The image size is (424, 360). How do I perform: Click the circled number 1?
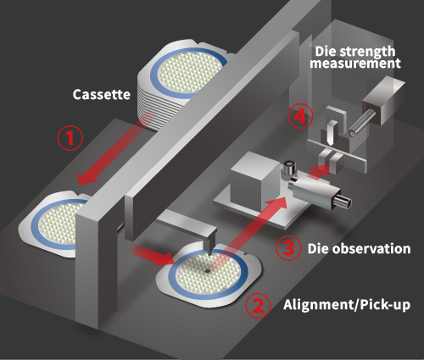pyautogui.click(x=70, y=138)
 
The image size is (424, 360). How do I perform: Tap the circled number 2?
pyautogui.click(x=258, y=305)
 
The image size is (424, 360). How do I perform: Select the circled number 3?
pyautogui.click(x=288, y=248)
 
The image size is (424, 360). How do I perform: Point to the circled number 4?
pyautogui.click(x=300, y=116)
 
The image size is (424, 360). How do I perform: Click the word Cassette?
pyautogui.click(x=102, y=94)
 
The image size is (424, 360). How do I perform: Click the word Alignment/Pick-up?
pyautogui.click(x=347, y=305)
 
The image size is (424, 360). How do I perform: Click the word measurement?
pyautogui.click(x=355, y=63)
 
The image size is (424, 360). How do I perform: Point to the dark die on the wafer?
pyautogui.click(x=208, y=271)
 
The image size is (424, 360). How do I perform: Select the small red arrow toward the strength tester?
pyautogui.click(x=318, y=170)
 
